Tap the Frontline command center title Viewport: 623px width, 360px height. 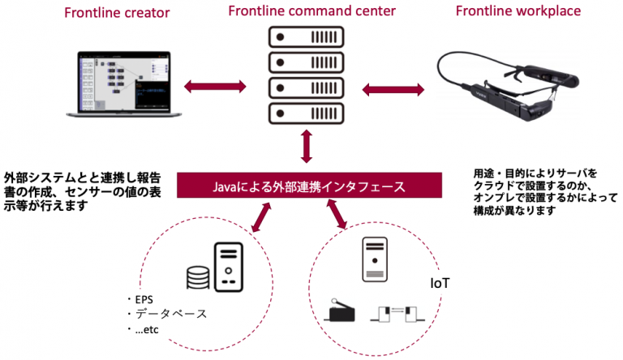(307, 11)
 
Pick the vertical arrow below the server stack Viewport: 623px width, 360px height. (306, 148)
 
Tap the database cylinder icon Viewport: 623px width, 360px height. (195, 279)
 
